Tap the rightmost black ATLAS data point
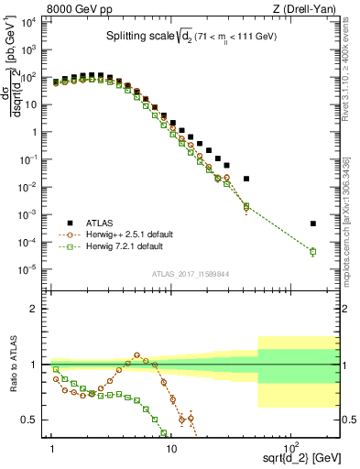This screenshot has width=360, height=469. coord(312,224)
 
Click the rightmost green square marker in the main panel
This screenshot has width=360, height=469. coord(312,252)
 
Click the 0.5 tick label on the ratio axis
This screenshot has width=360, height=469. coord(35,420)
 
